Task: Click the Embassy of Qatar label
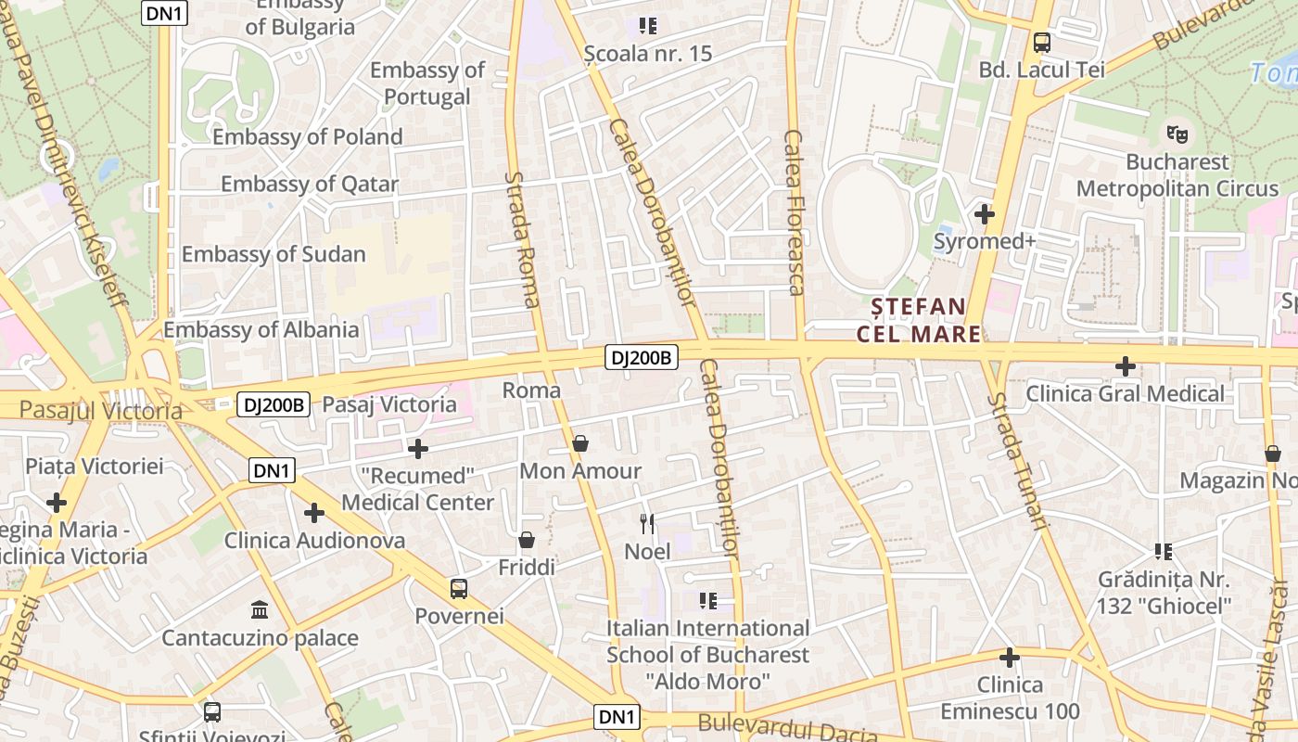[310, 185]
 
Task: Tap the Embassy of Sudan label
[274, 254]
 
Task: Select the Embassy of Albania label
[261, 329]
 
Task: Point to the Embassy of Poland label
[308, 137]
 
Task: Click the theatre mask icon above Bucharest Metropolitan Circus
[1177, 133]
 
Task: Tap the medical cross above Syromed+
[985, 214]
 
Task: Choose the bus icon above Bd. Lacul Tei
[1042, 43]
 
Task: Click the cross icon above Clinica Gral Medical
[1126, 366]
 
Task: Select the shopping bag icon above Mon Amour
[580, 443]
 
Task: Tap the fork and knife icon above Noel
[647, 524]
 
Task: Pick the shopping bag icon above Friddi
[527, 540]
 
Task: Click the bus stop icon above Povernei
[459, 589]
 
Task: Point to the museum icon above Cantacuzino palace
[260, 610]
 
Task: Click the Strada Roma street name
[524, 239]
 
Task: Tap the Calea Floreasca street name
[795, 211]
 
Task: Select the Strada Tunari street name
[1017, 461]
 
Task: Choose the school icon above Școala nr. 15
[648, 26]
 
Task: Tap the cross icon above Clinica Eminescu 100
[1010, 658]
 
